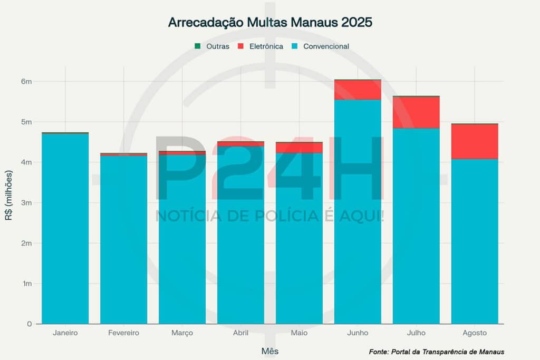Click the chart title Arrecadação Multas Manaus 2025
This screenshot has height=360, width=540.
270,23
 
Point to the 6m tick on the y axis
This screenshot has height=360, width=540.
27,81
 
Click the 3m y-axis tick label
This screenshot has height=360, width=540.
27,202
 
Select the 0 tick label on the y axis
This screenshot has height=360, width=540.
30,324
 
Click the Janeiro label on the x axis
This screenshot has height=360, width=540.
65,333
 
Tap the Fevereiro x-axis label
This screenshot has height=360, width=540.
123,333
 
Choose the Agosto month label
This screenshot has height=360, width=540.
475,333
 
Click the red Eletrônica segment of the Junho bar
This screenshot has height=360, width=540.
358,90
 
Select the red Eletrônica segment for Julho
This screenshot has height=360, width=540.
416,112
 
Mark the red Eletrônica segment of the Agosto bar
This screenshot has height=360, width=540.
475,141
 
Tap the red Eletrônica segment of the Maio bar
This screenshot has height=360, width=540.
299,148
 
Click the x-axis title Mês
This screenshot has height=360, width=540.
270,351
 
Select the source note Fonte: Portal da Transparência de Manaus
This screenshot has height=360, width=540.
437,352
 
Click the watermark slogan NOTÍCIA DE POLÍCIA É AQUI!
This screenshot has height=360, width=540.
270,216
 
